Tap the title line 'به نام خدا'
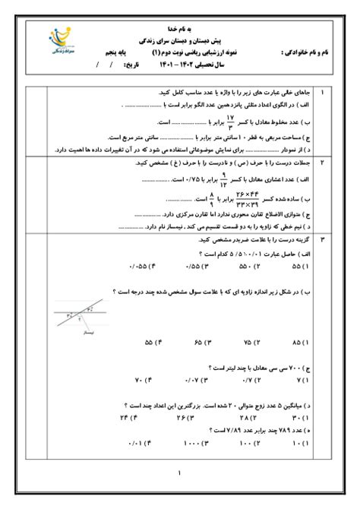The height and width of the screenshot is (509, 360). (179, 25)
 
